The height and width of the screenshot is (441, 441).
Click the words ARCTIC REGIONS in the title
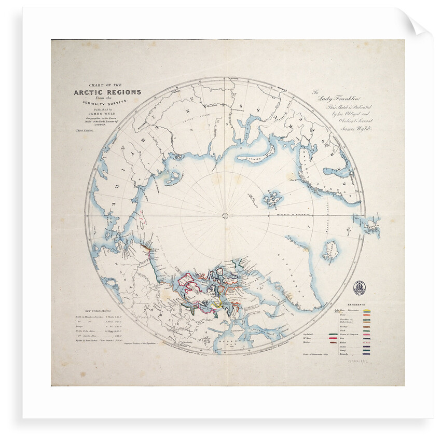107,92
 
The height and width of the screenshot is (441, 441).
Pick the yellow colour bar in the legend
367,310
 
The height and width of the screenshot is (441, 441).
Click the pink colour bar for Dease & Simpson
367,336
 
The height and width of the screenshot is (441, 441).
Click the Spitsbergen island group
271,198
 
